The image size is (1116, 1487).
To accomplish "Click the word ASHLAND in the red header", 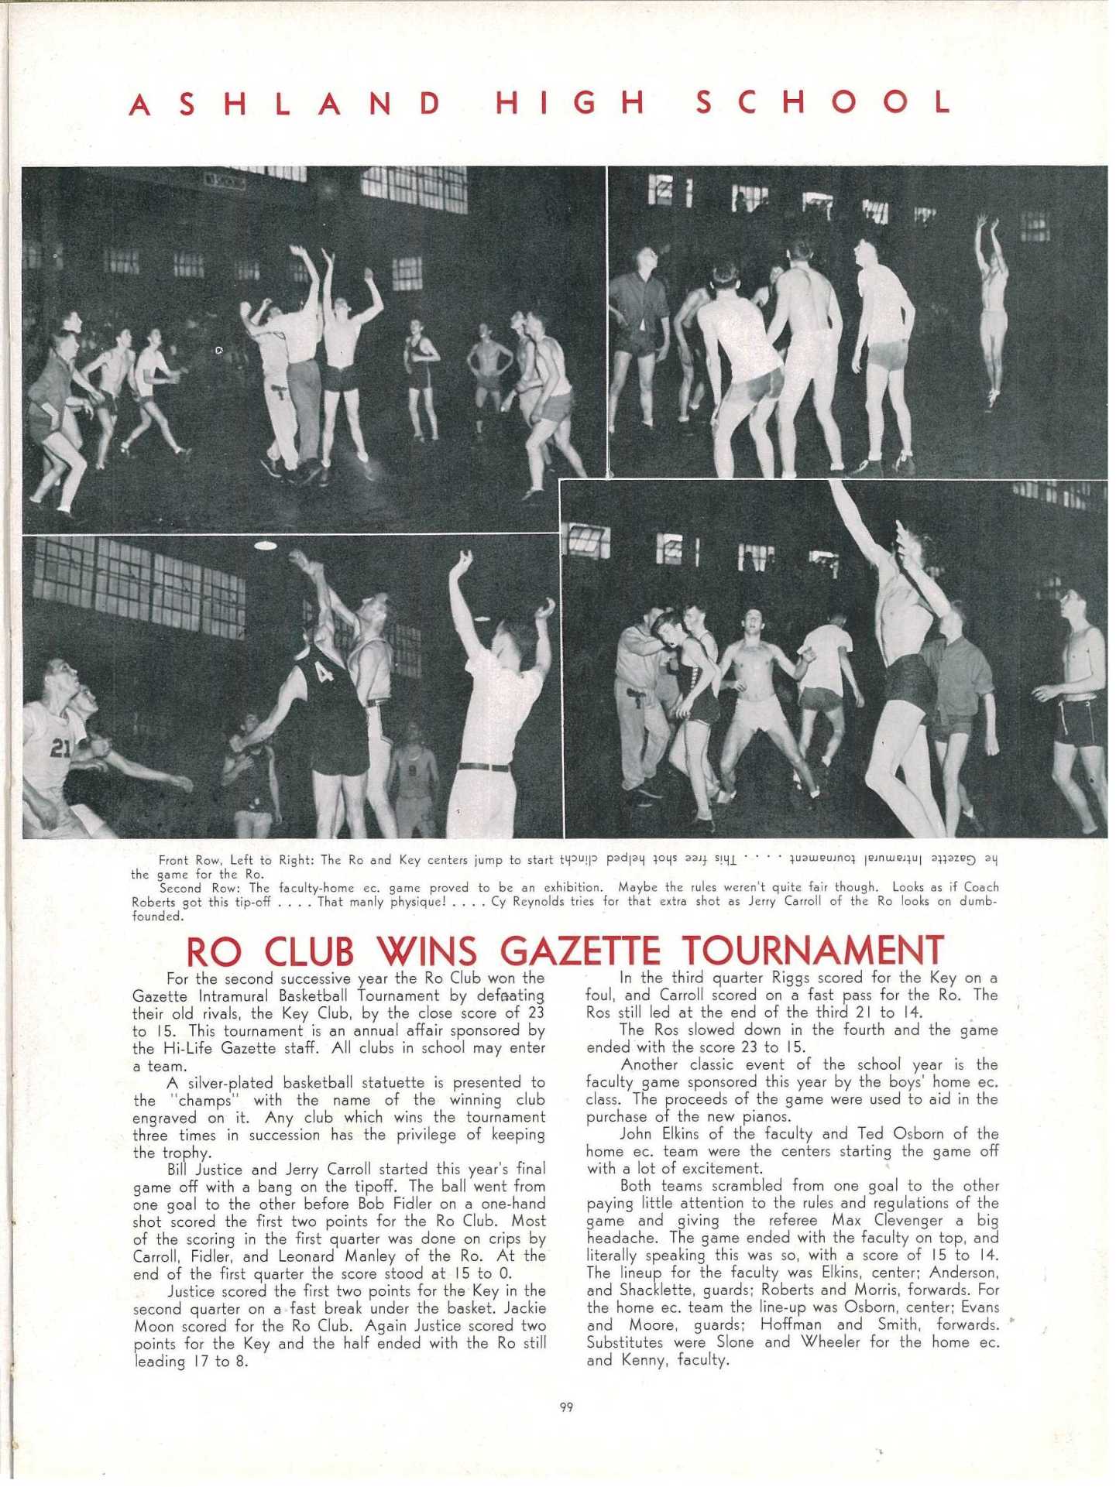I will (286, 104).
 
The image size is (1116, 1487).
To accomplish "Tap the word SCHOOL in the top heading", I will (824, 102).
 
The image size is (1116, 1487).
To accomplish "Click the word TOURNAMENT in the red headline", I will (814, 951).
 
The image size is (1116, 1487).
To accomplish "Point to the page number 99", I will (566, 1407).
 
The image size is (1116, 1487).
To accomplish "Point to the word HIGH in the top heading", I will (570, 103).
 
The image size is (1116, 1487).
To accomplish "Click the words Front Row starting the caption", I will (191, 860).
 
